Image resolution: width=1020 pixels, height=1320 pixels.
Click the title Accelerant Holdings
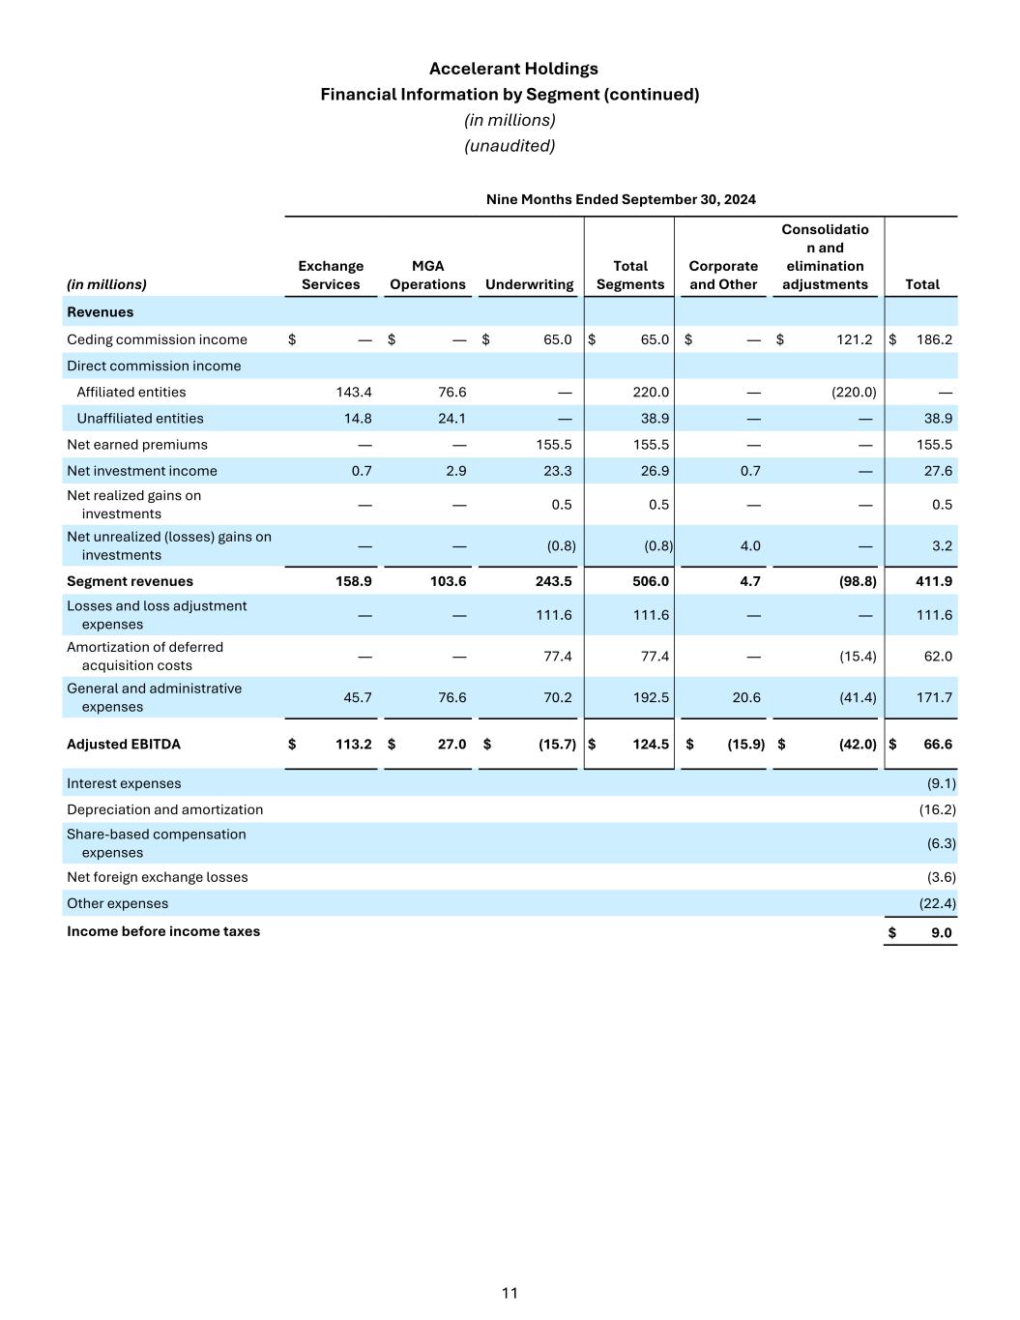513,69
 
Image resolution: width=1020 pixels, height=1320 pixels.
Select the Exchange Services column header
331,275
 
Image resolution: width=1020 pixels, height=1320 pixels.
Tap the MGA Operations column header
427,275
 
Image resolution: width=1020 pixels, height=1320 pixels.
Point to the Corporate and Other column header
723,275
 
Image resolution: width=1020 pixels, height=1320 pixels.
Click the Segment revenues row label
130,581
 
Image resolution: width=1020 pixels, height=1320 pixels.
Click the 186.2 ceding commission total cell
934,339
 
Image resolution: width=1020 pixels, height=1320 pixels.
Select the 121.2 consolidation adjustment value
854,339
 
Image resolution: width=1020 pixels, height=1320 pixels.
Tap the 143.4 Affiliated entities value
354,392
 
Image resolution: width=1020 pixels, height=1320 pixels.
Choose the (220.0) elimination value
856,392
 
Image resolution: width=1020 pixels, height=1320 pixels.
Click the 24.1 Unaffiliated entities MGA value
452,419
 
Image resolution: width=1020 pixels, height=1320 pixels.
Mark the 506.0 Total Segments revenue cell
650,581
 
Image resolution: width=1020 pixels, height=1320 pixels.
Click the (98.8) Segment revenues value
856,581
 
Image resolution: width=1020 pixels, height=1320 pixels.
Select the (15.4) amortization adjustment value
858,657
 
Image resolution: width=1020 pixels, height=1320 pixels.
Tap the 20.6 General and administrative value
746,697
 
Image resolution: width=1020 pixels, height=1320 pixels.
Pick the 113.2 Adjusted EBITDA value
353,745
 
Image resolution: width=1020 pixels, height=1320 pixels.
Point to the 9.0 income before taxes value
941,933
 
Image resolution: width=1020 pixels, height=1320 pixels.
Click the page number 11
510,1293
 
